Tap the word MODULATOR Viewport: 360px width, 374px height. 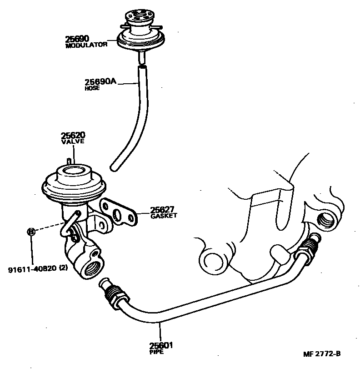pos(86,45)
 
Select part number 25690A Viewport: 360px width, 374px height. pos(100,82)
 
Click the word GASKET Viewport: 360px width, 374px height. pos(163,216)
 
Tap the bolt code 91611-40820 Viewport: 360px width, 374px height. pos(32,268)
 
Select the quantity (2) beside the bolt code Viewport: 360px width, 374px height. pos(63,268)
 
